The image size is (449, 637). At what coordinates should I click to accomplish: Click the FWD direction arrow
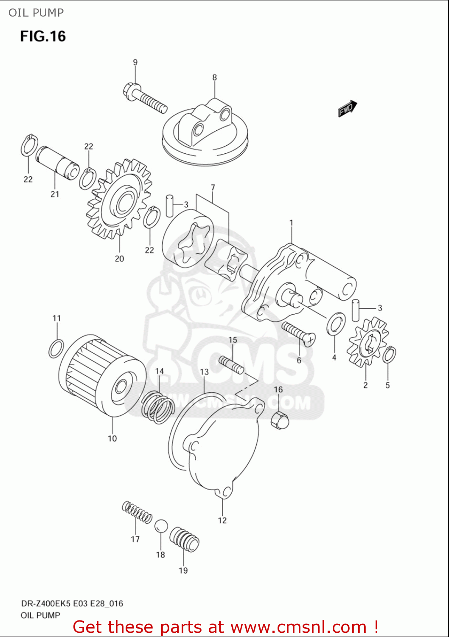(347, 108)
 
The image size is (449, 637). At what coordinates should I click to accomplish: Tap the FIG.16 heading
(43, 37)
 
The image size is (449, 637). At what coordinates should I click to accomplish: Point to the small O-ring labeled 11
(56, 348)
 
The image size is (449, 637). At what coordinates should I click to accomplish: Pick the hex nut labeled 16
(279, 420)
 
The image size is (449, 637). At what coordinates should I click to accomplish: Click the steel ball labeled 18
(161, 526)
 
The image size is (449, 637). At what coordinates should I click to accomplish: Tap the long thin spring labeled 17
(137, 511)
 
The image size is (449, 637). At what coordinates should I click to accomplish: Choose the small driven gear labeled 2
(368, 342)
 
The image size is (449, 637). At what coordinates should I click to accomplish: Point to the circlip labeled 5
(389, 355)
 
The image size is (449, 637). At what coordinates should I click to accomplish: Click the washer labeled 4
(336, 323)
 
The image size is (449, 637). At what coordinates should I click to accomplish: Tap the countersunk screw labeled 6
(298, 333)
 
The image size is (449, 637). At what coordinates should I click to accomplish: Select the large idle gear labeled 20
(120, 199)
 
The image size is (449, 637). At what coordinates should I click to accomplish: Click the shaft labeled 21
(57, 162)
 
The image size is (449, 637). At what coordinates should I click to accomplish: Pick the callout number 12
(222, 520)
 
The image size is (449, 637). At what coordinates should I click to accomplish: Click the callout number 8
(214, 77)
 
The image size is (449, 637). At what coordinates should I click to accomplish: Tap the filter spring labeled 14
(158, 408)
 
